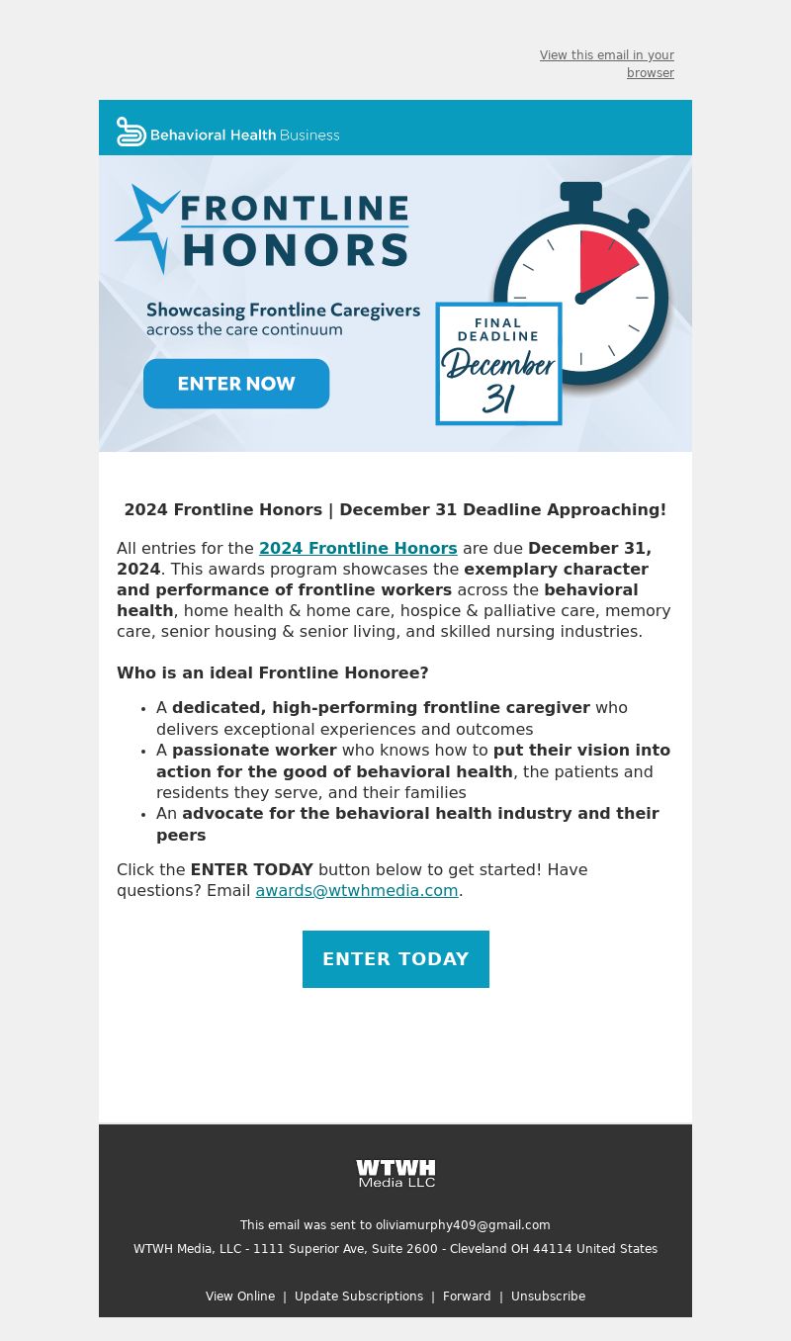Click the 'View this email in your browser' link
(607, 64)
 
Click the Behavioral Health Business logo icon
(131, 133)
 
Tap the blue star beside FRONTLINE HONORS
(146, 225)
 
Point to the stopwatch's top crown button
(580, 192)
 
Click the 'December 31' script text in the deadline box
(498, 380)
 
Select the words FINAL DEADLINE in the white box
(498, 329)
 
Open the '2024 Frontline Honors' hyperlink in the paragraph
(358, 548)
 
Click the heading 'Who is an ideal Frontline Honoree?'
(273, 672)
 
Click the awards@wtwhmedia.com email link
(357, 890)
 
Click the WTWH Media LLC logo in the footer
(395, 1173)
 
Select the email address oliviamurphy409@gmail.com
(463, 1225)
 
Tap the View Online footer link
(240, 1296)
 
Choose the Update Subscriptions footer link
(359, 1296)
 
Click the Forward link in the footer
(467, 1296)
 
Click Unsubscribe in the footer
(548, 1296)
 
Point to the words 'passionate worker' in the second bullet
(254, 750)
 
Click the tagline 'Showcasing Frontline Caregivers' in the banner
(283, 311)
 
